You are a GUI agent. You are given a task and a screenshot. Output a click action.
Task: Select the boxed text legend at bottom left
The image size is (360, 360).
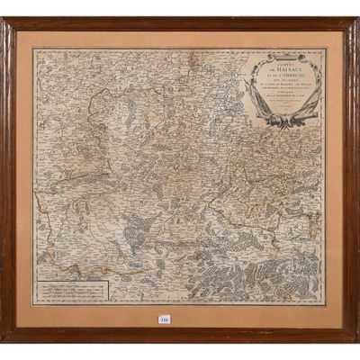[71, 290]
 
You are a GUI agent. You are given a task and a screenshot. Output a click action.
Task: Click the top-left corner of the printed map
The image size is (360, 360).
[34, 50]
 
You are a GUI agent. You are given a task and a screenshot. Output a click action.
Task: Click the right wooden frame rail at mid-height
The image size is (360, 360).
[351, 180]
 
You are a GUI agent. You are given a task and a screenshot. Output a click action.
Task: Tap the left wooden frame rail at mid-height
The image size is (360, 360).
[8, 180]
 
